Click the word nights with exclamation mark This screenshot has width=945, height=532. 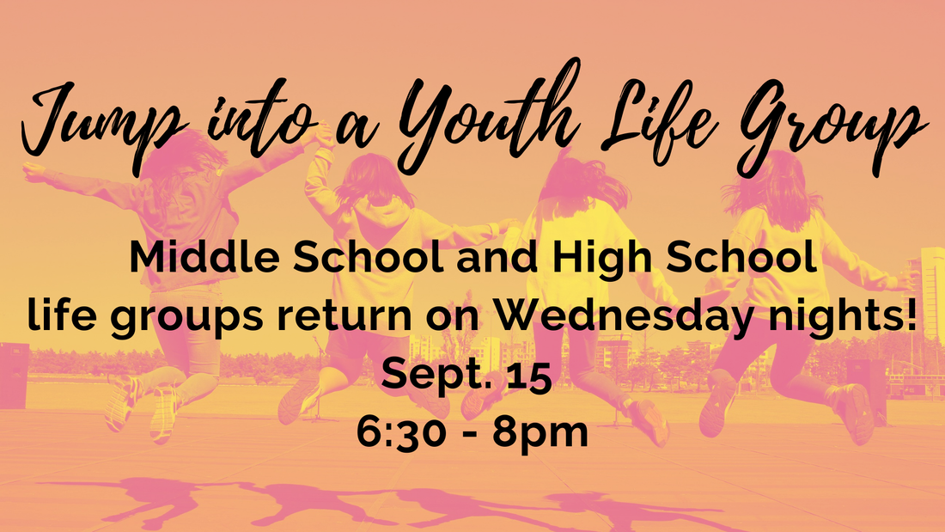pyautogui.click(x=842, y=316)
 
